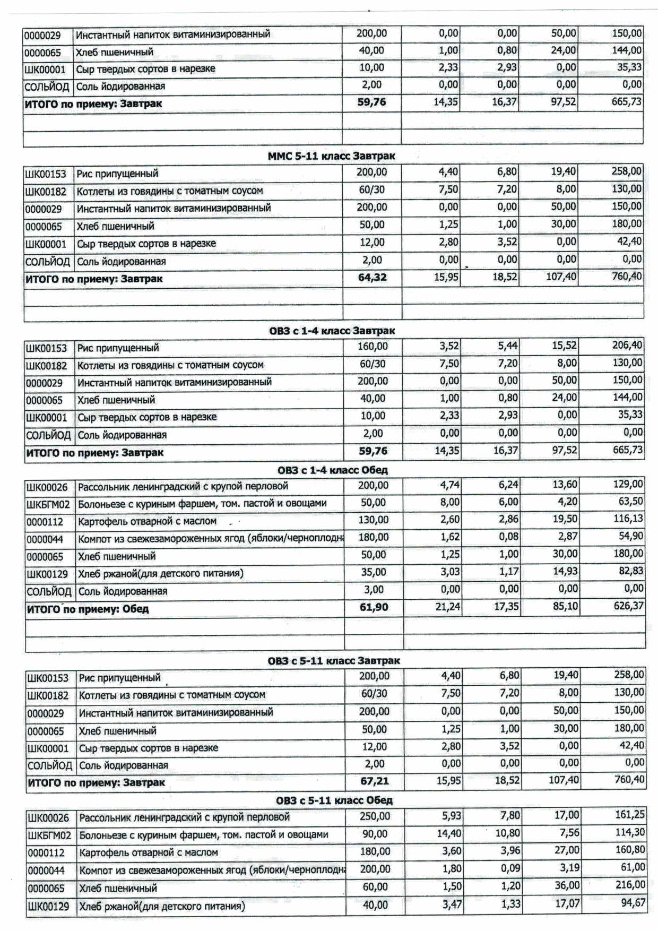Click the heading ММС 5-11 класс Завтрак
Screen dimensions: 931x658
click(331, 156)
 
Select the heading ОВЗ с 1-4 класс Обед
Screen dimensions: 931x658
click(332, 470)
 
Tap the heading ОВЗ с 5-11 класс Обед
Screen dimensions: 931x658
click(334, 800)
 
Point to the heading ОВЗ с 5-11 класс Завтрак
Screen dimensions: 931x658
click(334, 661)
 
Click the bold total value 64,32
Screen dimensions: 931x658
click(373, 277)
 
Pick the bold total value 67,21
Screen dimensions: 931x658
click(375, 781)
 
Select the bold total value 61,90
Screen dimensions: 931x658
click(374, 607)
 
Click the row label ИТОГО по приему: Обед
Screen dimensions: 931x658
click(88, 609)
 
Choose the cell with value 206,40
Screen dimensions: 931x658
click(627, 346)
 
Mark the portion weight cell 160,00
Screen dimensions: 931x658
click(373, 347)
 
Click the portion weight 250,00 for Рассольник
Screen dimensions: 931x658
click(375, 816)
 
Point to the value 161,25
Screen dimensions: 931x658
click(629, 815)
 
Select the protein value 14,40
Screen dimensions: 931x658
click(449, 833)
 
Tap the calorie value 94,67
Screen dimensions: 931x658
click(633, 902)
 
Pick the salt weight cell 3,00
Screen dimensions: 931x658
click(374, 590)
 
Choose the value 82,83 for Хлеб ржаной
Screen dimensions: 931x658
click(630, 571)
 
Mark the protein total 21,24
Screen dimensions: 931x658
click(447, 607)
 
